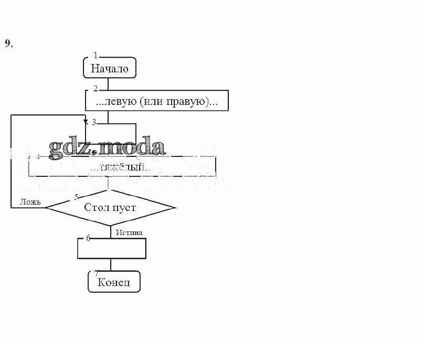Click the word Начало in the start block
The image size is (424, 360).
109,68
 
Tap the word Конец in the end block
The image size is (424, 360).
113,283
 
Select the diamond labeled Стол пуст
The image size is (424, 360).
110,207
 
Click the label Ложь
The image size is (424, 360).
30,202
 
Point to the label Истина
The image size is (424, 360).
129,232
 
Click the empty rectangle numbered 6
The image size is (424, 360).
111,249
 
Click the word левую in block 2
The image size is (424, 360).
121,101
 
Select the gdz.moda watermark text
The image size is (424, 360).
107,147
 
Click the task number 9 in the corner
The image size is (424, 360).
8,44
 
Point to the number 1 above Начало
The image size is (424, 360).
96,55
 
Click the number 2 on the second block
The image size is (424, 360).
96,88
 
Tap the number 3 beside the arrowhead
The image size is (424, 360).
94,122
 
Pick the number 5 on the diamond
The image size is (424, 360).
77,197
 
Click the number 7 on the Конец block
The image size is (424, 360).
96,273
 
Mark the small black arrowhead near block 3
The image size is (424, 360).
86,122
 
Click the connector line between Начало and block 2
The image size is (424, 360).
108,83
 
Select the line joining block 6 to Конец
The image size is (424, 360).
111,264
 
